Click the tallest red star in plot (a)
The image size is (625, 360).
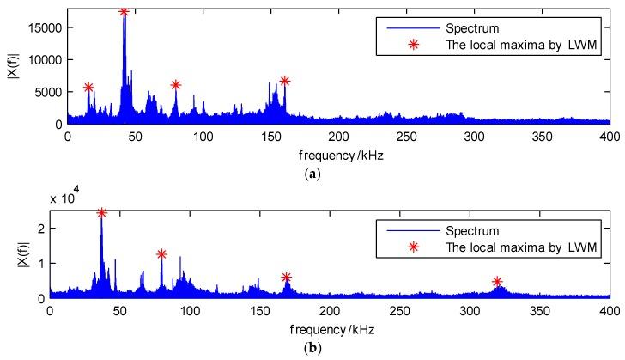coord(124,11)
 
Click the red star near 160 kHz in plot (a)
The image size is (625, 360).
coord(284,81)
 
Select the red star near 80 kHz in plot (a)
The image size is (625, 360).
coord(176,84)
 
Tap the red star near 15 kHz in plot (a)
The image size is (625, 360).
coord(88,87)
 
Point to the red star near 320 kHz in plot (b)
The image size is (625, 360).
coord(497,282)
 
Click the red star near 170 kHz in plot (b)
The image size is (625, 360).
coord(287,277)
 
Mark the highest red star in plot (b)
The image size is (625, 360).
coord(101,212)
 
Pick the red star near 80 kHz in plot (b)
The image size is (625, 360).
coord(161,253)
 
